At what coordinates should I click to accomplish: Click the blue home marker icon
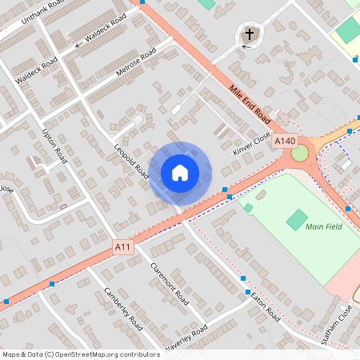point(179,172)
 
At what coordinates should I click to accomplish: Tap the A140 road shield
point(284,141)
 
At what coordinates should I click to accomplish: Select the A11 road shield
point(122,247)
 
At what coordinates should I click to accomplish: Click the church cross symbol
point(250,34)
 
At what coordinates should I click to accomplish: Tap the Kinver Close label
point(253,142)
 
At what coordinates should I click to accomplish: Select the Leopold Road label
point(132,161)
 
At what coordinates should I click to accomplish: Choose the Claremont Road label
point(167,282)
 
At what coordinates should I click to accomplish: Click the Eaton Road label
point(263,305)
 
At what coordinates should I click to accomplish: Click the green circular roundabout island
point(300,153)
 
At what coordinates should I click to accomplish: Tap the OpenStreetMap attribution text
point(80,354)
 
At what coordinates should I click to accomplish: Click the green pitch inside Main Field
point(297,218)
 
